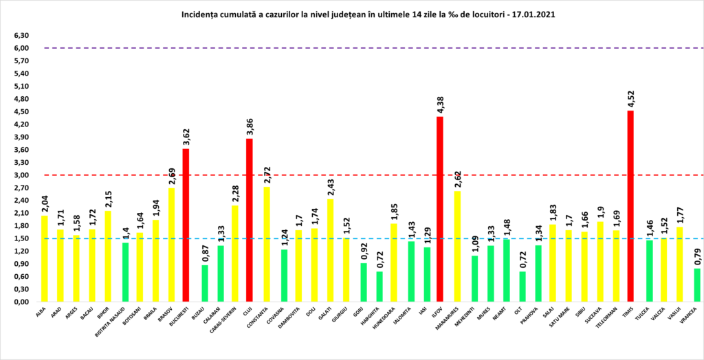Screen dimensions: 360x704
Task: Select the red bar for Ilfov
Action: tap(440, 210)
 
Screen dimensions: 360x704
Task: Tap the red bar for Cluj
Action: tap(250, 220)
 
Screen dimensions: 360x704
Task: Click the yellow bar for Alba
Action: tap(45, 258)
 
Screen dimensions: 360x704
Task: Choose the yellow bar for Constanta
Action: tap(265, 244)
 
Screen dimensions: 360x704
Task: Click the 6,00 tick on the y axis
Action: tap(21, 48)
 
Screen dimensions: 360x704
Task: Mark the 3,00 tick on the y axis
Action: tap(21, 175)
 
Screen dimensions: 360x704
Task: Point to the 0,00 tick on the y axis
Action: tap(21, 302)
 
